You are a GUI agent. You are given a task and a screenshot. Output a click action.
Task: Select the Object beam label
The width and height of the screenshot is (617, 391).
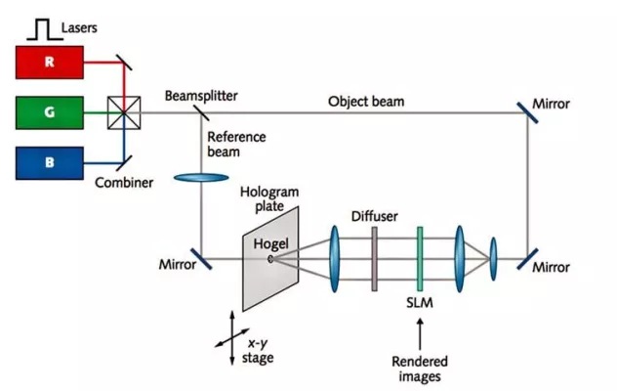[x=366, y=101]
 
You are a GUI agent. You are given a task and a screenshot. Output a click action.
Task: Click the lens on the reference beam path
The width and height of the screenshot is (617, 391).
[x=199, y=178]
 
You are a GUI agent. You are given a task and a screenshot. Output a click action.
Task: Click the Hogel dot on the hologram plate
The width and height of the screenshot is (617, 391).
[x=270, y=259]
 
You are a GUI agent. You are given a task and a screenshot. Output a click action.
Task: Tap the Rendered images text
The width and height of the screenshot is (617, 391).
[x=420, y=368]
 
